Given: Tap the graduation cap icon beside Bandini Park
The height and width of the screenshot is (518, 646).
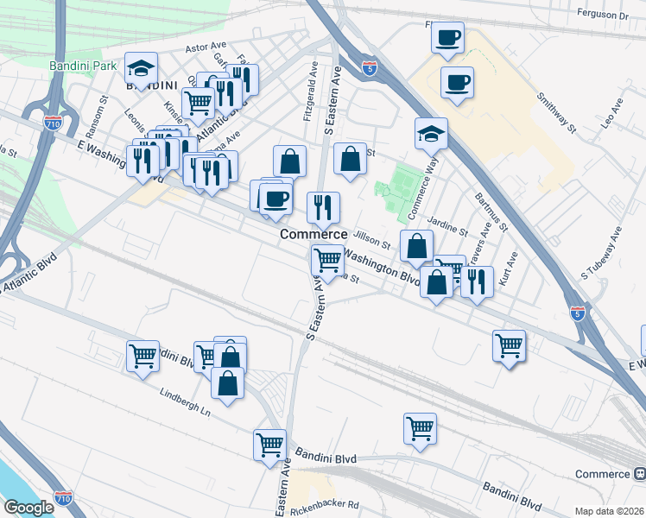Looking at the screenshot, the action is point(140,67).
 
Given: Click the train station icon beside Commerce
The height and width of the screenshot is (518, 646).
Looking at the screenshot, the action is point(640,474).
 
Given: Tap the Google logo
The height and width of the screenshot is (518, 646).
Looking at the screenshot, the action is point(28,508).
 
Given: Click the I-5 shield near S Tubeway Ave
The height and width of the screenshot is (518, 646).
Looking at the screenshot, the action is point(578,313).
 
